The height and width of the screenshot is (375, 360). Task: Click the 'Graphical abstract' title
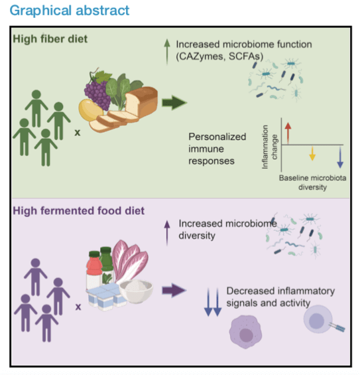[x=69, y=11]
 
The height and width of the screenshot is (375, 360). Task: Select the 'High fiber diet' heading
[x=50, y=39]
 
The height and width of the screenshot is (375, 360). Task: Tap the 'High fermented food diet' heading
[x=79, y=211]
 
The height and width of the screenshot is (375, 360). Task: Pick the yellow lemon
[x=90, y=110]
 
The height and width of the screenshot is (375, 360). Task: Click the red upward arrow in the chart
[x=288, y=133]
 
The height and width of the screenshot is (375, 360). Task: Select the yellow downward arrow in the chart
[x=312, y=153]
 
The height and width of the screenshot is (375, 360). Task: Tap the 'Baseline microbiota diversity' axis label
[x=312, y=183]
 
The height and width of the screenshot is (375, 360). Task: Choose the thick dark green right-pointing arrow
[x=174, y=103]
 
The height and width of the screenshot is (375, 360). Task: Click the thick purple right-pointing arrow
[x=174, y=291]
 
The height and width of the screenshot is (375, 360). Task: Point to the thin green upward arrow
[x=167, y=52]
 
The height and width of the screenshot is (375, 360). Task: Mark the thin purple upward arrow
[x=167, y=233]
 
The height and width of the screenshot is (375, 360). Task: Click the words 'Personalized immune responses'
[x=217, y=149]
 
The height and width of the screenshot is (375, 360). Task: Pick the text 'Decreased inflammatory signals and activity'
[x=280, y=297]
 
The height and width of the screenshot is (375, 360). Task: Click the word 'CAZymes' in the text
[x=201, y=56]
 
